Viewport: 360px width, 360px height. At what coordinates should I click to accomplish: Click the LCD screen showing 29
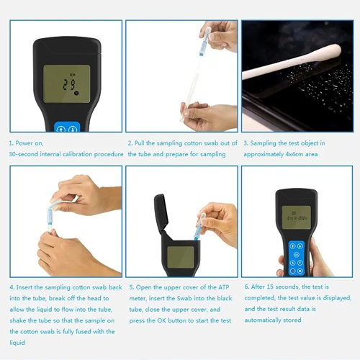coord(67,84)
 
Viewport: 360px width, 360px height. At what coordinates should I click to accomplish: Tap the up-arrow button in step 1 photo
coord(60,129)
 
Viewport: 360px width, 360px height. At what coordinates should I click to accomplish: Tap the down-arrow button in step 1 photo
coord(73,129)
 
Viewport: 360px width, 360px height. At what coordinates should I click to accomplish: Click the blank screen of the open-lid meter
coord(181,257)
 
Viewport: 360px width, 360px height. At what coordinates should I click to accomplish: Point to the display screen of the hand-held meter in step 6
coord(297,217)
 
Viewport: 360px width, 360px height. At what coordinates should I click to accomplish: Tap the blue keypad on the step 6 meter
coord(297,258)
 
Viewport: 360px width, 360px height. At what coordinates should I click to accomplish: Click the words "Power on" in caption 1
coord(29,143)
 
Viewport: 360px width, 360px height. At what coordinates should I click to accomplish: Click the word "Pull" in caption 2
coord(139,143)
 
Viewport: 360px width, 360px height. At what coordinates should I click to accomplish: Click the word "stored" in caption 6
coord(292,320)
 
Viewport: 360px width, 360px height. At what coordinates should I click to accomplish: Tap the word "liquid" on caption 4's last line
coord(17,343)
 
